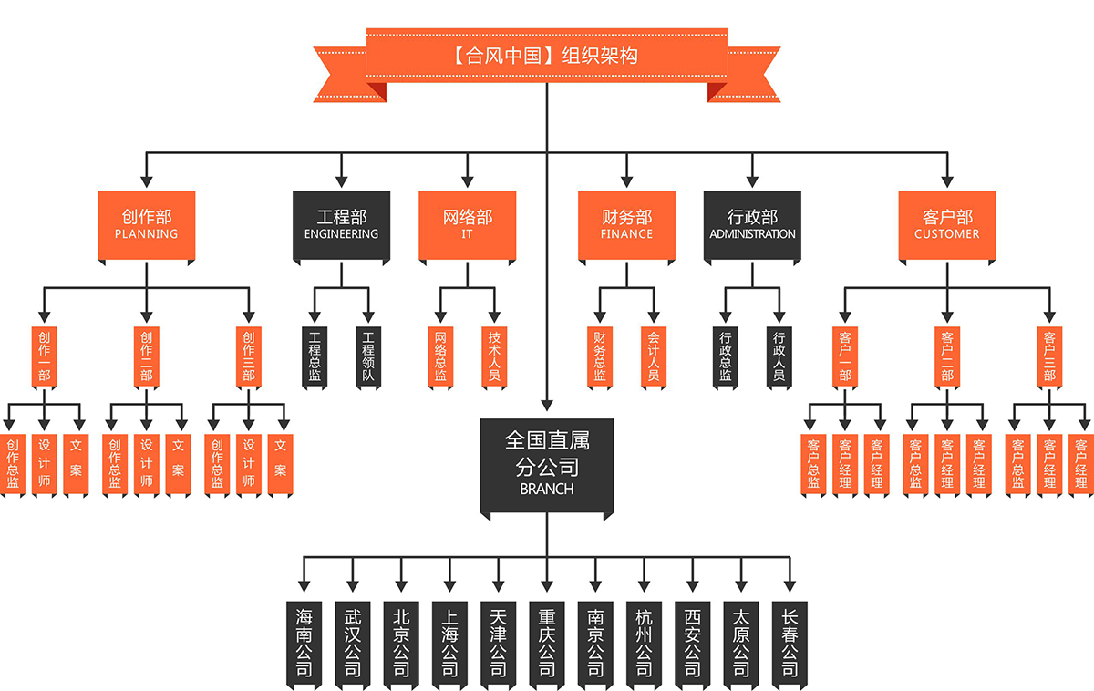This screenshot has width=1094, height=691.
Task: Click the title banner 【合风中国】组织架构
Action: tap(546, 56)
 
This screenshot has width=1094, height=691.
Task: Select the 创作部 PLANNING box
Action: tap(147, 224)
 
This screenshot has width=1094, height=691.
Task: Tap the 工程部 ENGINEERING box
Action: tap(342, 224)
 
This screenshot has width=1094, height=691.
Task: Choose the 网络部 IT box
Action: tap(468, 224)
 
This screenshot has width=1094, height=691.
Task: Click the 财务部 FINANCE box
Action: tap(626, 224)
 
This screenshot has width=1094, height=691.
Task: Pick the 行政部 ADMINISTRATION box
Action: tap(752, 224)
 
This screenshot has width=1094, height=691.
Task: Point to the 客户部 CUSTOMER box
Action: tap(947, 224)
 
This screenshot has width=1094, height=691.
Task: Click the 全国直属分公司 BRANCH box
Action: tap(547, 463)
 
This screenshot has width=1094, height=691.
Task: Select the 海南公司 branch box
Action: tap(304, 643)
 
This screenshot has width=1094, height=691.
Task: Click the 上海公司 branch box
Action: tap(449, 643)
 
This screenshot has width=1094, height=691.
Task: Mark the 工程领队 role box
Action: tap(368, 356)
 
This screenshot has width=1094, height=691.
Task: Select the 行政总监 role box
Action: tap(726, 356)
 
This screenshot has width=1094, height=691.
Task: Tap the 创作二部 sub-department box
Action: tap(147, 356)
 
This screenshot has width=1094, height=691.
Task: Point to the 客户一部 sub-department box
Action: tap(844, 356)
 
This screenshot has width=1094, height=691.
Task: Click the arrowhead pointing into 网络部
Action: tap(468, 181)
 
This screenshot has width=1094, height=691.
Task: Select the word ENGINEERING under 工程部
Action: tap(342, 234)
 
